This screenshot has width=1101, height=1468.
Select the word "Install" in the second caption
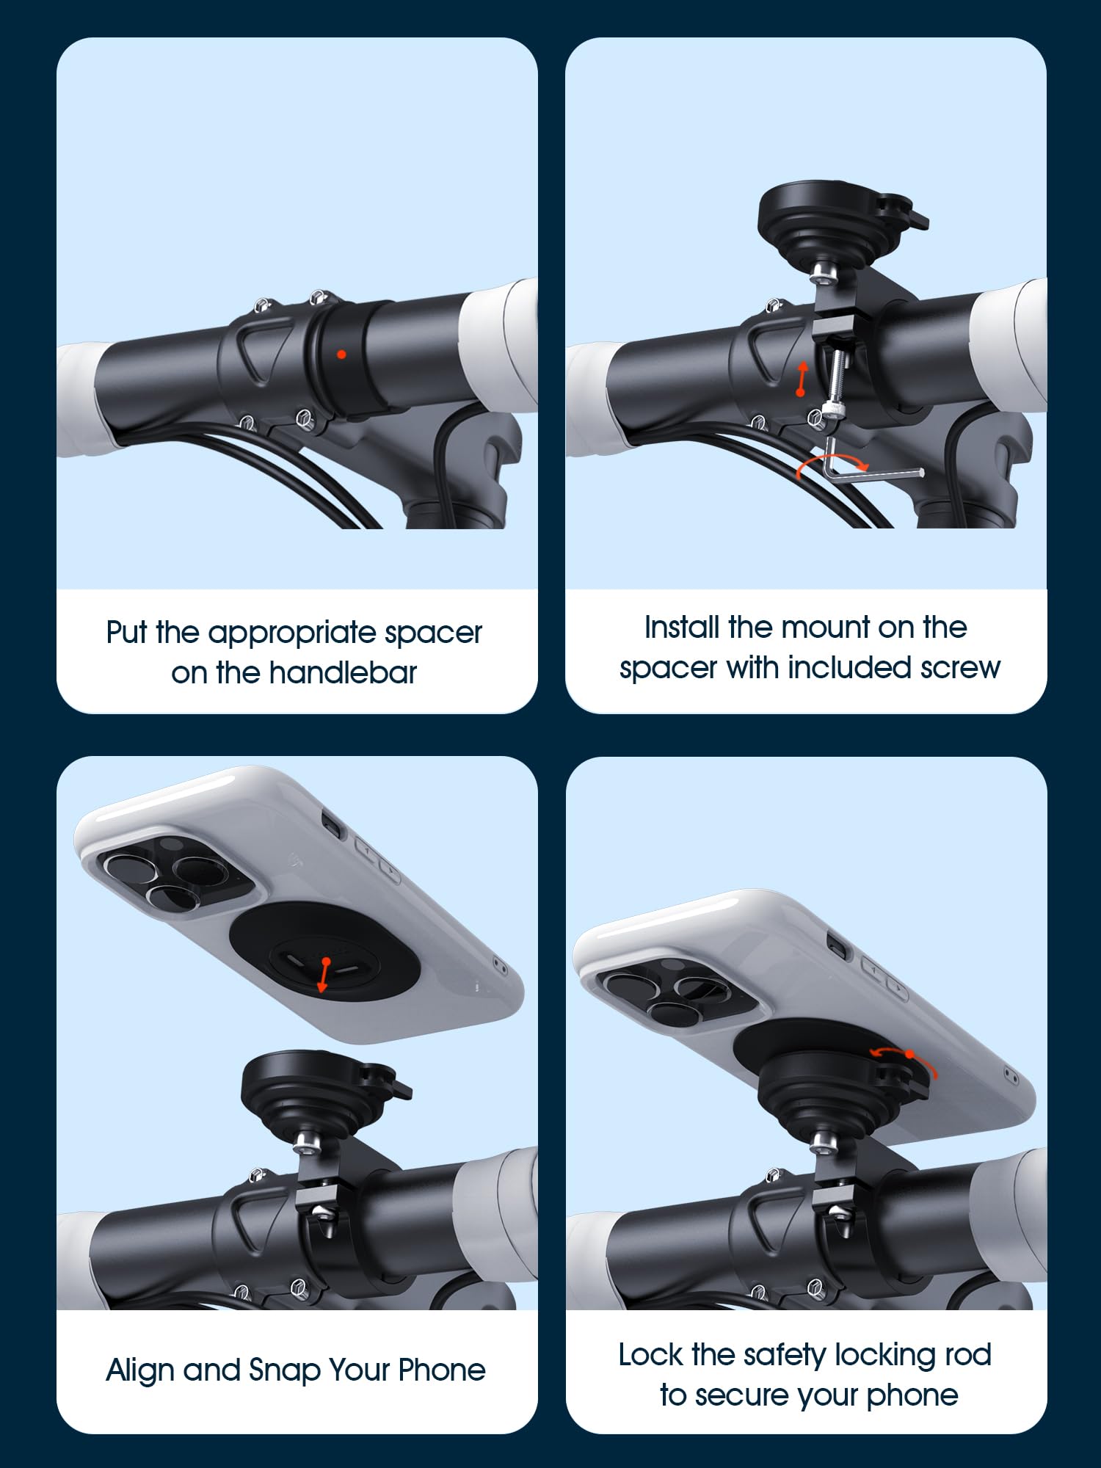pyautogui.click(x=681, y=628)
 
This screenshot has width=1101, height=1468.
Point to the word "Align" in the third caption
pyautogui.click(x=140, y=1370)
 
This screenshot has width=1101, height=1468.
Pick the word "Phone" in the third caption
pyautogui.click(x=441, y=1370)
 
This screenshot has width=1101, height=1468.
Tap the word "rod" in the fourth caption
pyautogui.click(x=968, y=1355)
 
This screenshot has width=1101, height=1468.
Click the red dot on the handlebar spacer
pyautogui.click(x=341, y=355)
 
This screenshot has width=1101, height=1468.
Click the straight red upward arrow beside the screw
pyautogui.click(x=802, y=378)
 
